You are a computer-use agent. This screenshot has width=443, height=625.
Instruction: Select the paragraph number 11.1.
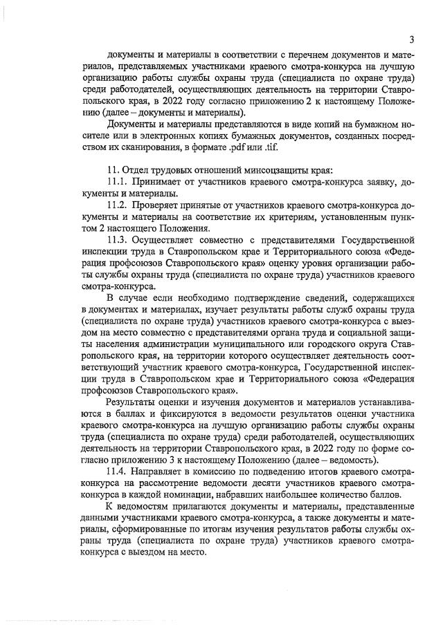pyautogui.click(x=118, y=181)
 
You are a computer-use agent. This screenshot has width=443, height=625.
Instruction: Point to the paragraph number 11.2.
pyautogui.click(x=118, y=207)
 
